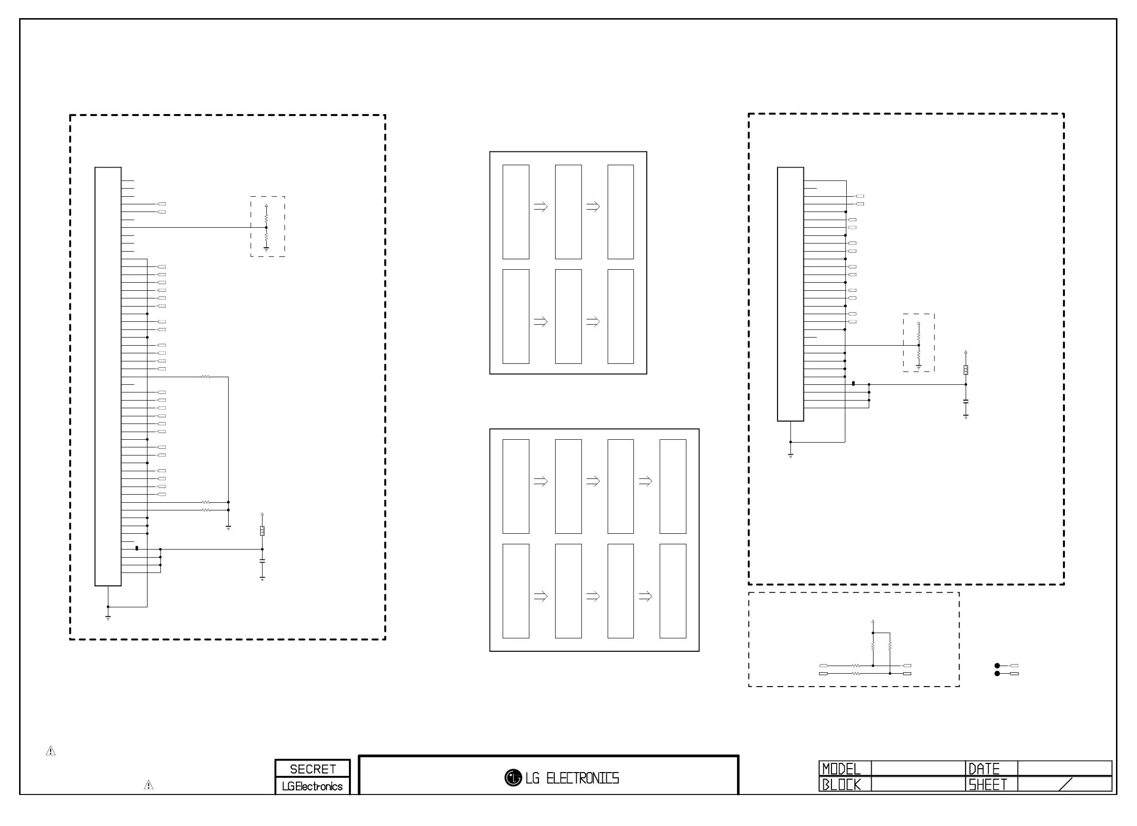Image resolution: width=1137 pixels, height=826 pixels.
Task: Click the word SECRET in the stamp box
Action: pyautogui.click(x=312, y=769)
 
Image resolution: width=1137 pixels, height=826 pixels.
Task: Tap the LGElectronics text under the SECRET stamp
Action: pyautogui.click(x=312, y=786)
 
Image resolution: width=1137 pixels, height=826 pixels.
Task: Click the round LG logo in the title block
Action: pyautogui.click(x=513, y=778)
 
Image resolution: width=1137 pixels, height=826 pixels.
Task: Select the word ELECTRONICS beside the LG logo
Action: pyautogui.click(x=582, y=778)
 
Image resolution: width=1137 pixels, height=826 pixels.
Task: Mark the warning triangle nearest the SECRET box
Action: pyautogui.click(x=148, y=785)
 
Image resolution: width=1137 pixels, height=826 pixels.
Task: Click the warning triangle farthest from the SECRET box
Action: pyautogui.click(x=51, y=751)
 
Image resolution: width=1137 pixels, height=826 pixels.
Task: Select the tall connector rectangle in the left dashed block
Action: pyautogui.click(x=108, y=376)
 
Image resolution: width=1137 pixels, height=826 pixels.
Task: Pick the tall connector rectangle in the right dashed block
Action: pyautogui.click(x=790, y=294)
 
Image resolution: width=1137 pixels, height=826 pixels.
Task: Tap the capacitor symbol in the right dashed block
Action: pyautogui.click(x=966, y=402)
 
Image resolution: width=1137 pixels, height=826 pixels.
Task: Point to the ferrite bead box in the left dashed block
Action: pyautogui.click(x=262, y=530)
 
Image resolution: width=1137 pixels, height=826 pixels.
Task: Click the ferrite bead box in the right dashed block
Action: pyautogui.click(x=966, y=370)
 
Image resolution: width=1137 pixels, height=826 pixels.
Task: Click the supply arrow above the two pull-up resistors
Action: pyautogui.click(x=873, y=621)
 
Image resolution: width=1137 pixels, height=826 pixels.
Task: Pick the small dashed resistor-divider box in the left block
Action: pyautogui.click(x=268, y=227)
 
